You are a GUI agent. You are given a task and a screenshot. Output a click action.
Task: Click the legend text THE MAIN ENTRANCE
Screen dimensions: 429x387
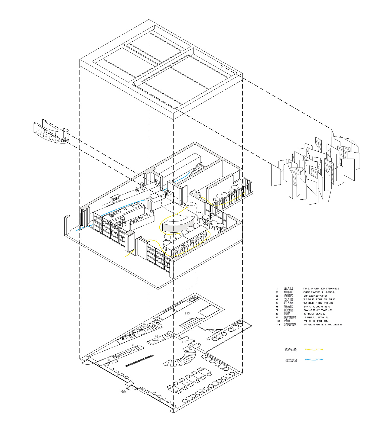pyautogui.click(x=321, y=289)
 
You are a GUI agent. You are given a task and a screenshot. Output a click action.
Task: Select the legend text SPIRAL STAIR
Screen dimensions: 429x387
pyautogui.click(x=316, y=318)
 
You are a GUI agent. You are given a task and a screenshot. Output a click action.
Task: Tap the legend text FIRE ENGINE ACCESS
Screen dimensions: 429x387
pyautogui.click(x=323, y=325)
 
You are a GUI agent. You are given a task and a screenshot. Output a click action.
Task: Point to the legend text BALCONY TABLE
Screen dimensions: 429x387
pyautogui.click(x=317, y=310)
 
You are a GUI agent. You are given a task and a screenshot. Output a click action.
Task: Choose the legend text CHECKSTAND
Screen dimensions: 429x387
pyautogui.click(x=315, y=296)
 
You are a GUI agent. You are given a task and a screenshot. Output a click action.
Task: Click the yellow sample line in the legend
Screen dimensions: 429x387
pyautogui.click(x=314, y=350)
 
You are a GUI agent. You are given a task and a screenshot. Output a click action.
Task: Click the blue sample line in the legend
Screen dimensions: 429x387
pyautogui.click(x=314, y=360)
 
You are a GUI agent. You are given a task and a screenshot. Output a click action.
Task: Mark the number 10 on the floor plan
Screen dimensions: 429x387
pyautogui.click(x=187, y=313)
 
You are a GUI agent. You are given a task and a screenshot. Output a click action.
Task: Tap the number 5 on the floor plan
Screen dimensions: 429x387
pyautogui.click(x=187, y=382)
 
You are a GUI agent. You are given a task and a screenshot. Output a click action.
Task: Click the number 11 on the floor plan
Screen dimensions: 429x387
pyautogui.click(x=184, y=342)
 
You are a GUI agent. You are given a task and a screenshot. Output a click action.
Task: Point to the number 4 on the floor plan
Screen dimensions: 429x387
pyautogui.click(x=202, y=391)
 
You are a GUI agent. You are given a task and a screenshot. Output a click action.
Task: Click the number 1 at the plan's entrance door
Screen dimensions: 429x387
pyautogui.click(x=132, y=387)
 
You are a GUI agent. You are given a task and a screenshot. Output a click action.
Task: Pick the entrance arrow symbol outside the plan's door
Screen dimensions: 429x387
pyautogui.click(x=122, y=392)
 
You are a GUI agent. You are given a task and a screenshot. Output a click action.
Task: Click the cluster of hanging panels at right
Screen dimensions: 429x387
pyautogui.click(x=316, y=168)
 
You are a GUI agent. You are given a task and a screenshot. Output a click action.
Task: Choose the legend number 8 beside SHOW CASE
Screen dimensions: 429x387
pyautogui.click(x=277, y=314)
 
